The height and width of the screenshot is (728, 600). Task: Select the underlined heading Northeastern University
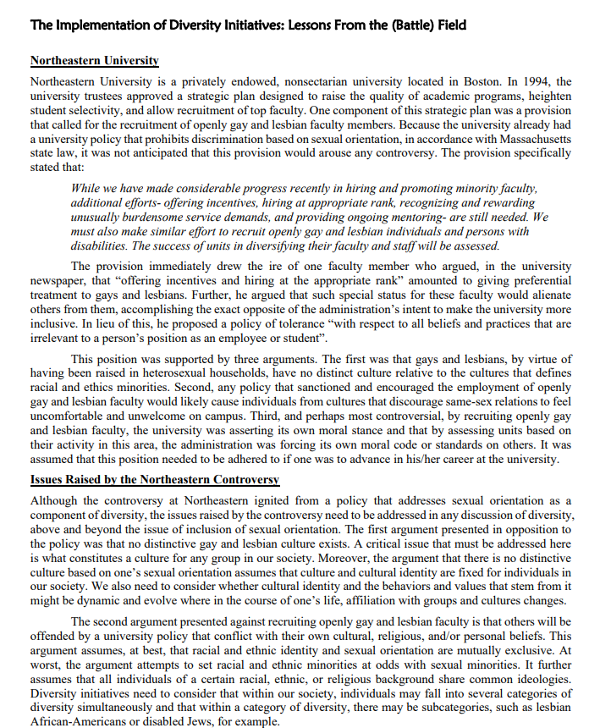(x=95, y=61)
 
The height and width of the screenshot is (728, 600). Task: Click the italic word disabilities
(x=102, y=245)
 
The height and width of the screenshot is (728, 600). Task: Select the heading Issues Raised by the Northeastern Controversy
(x=154, y=480)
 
